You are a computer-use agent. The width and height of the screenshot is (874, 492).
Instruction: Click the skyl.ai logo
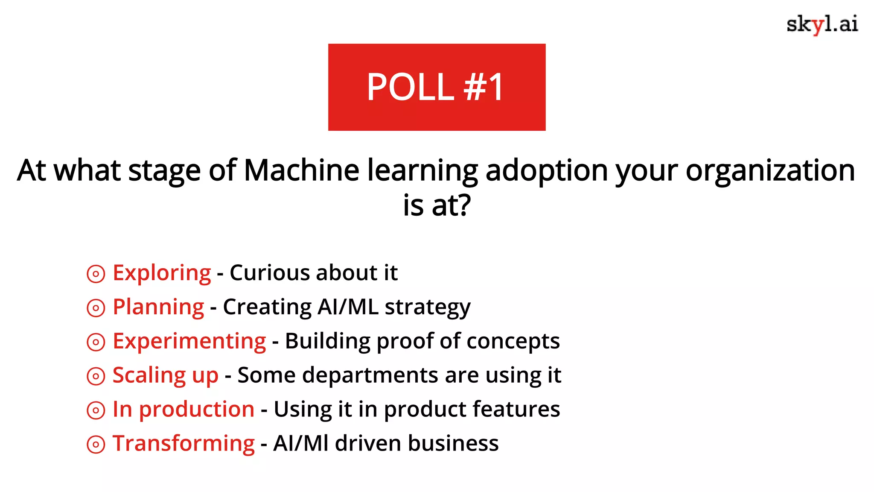(822, 25)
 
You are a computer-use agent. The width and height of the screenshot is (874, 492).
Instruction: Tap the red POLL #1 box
(437, 87)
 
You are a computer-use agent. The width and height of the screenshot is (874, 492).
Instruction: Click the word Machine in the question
(301, 170)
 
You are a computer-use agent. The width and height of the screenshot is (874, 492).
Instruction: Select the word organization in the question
(770, 170)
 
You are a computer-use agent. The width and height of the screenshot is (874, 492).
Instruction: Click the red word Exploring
(162, 273)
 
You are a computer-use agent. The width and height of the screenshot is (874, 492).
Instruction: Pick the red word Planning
(158, 307)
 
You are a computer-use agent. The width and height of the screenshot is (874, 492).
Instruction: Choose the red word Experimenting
(189, 341)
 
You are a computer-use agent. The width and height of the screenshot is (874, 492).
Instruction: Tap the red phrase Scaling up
(165, 375)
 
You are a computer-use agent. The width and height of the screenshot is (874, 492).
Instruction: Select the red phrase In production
(184, 410)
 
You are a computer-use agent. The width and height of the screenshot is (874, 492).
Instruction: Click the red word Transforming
(184, 444)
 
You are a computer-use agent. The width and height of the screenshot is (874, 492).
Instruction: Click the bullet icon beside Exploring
(96, 274)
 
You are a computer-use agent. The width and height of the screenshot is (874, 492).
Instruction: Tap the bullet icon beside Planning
(96, 308)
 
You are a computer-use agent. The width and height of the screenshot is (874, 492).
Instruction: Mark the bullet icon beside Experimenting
(96, 342)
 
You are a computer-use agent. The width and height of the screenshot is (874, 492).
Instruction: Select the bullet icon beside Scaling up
(96, 376)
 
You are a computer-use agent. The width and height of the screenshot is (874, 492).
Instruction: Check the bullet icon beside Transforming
(96, 445)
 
